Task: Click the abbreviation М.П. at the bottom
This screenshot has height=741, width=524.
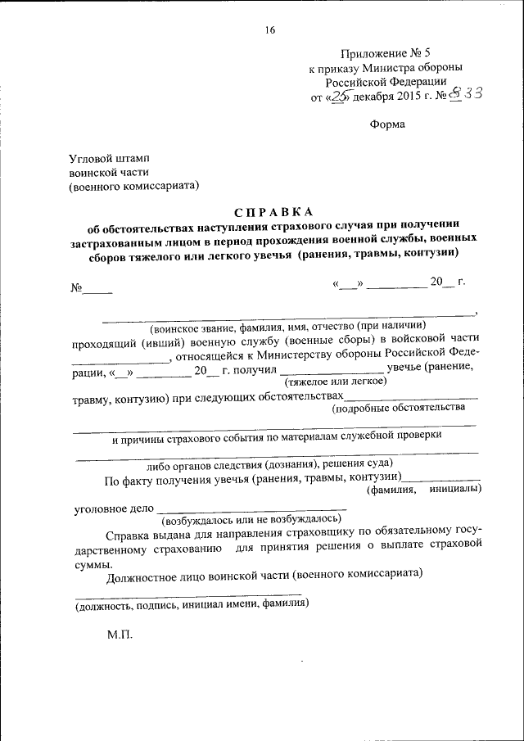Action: pyautogui.click(x=119, y=635)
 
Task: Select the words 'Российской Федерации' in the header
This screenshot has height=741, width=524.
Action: pyautogui.click(x=386, y=81)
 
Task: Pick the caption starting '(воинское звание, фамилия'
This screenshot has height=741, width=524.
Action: pyautogui.click(x=288, y=325)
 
